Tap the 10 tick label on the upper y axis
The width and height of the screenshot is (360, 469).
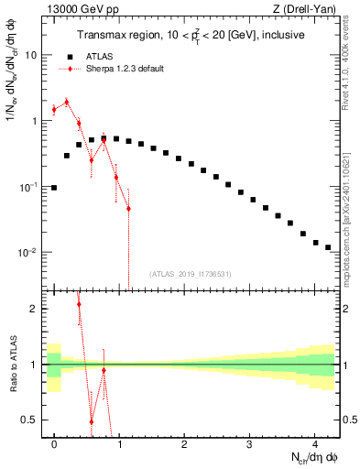30,55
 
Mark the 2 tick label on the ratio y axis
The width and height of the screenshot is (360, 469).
35,309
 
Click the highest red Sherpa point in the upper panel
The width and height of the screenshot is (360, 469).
66,103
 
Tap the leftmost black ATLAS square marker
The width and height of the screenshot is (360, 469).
54,188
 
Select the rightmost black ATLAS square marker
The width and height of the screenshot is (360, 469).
328,247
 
